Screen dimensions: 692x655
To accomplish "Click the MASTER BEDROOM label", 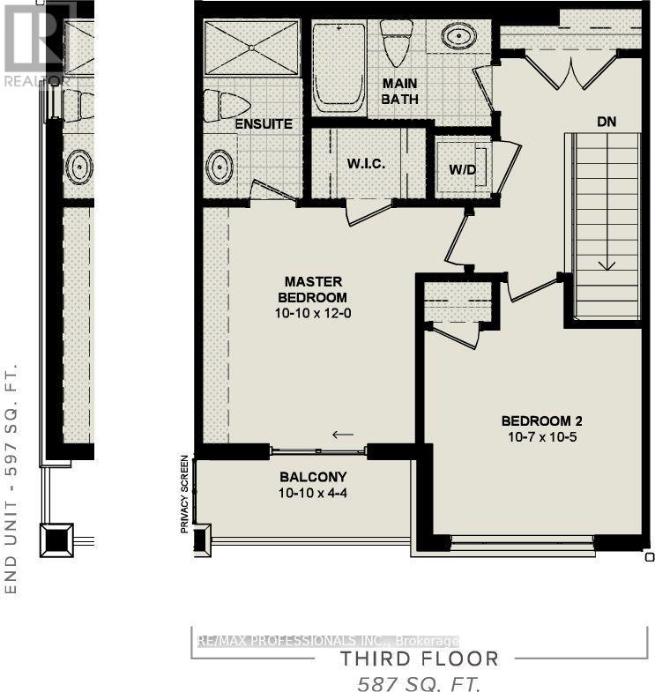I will point(313,289).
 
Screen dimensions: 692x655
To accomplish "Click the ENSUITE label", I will point(264,124).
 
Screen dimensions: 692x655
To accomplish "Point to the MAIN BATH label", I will point(399,92).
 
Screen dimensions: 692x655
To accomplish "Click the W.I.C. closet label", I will point(365,165).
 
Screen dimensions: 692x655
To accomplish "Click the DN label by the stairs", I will point(606,123).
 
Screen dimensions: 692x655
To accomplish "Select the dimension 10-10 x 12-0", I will point(313,313).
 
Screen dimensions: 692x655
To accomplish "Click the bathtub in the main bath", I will point(339,66).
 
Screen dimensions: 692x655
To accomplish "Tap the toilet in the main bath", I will point(391,40).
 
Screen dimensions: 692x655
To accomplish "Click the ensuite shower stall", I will point(252,45).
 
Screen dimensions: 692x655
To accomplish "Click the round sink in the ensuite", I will point(220,165).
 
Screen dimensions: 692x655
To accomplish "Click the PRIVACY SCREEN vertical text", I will point(184,495).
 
